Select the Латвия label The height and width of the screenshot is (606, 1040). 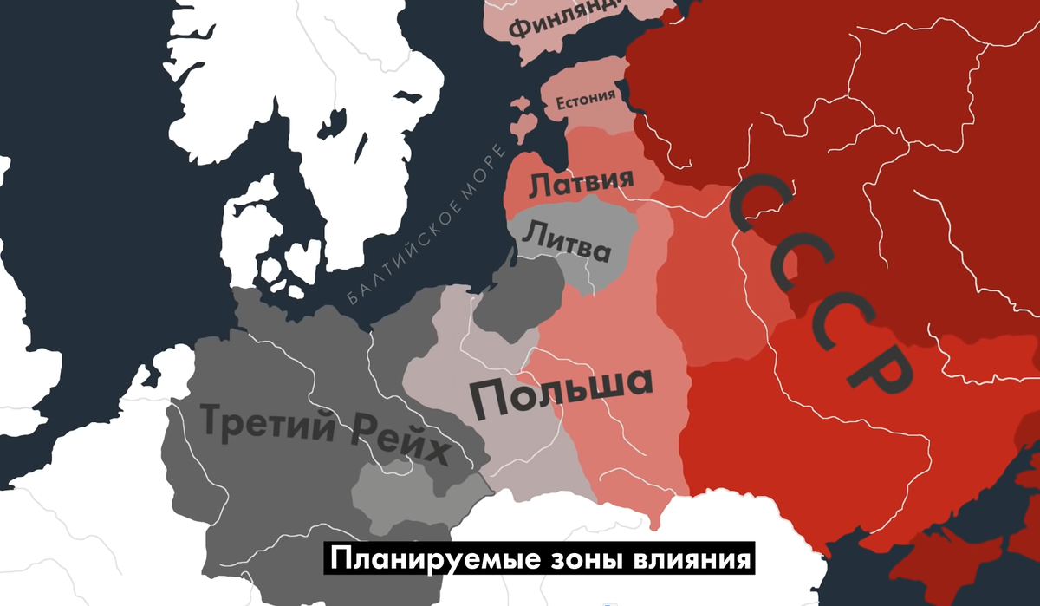tap(581, 183)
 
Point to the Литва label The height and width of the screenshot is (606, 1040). tap(569, 243)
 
